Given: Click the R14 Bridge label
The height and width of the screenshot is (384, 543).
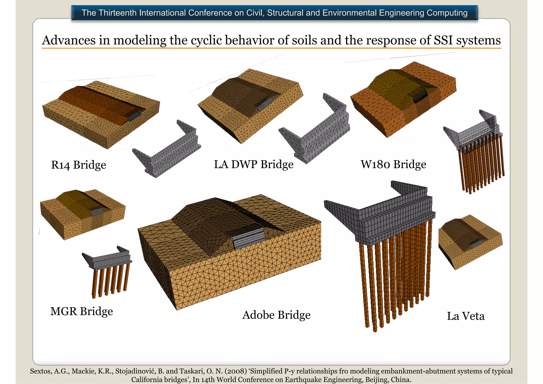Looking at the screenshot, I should (78, 165).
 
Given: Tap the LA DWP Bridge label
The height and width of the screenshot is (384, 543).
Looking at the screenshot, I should (253, 164).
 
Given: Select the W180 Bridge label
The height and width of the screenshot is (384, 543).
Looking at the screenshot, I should (393, 164).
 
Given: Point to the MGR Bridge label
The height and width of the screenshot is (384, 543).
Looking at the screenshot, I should (81, 311).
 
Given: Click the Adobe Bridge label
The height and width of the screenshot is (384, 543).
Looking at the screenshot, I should (276, 315).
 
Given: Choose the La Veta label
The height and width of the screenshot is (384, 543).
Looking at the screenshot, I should (466, 316).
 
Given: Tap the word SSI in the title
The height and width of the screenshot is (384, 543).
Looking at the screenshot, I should (444, 40).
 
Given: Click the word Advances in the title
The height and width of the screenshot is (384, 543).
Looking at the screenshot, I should (69, 40).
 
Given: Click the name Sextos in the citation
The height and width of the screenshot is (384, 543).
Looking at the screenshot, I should (41, 371).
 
